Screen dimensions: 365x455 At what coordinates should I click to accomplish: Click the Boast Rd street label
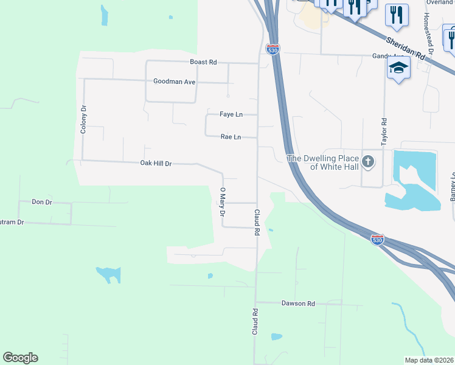click(x=203, y=62)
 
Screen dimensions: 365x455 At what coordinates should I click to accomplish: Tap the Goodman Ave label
click(x=174, y=81)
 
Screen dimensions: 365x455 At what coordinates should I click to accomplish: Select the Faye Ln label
click(x=231, y=114)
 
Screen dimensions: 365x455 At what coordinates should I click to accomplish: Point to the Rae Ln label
click(x=231, y=137)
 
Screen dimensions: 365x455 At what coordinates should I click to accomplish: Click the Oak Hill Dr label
click(x=156, y=163)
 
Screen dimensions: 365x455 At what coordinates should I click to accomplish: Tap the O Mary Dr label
click(x=223, y=202)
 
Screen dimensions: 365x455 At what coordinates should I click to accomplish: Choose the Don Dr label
click(x=42, y=201)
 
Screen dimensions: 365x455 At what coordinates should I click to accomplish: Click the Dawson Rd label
click(x=298, y=303)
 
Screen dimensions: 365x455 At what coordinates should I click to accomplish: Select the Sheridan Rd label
click(x=405, y=48)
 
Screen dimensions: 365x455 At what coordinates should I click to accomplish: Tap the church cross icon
click(x=367, y=162)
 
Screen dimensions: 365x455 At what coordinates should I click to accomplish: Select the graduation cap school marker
click(x=398, y=68)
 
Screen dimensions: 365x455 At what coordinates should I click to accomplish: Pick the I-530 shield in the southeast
click(x=378, y=239)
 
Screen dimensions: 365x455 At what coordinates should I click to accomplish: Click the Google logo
click(x=20, y=358)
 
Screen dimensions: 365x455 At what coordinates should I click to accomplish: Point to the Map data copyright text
click(x=429, y=360)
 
